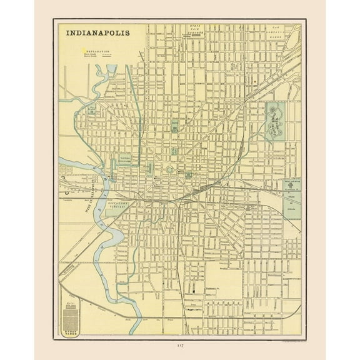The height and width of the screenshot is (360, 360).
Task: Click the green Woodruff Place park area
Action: [x=275, y=119]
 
